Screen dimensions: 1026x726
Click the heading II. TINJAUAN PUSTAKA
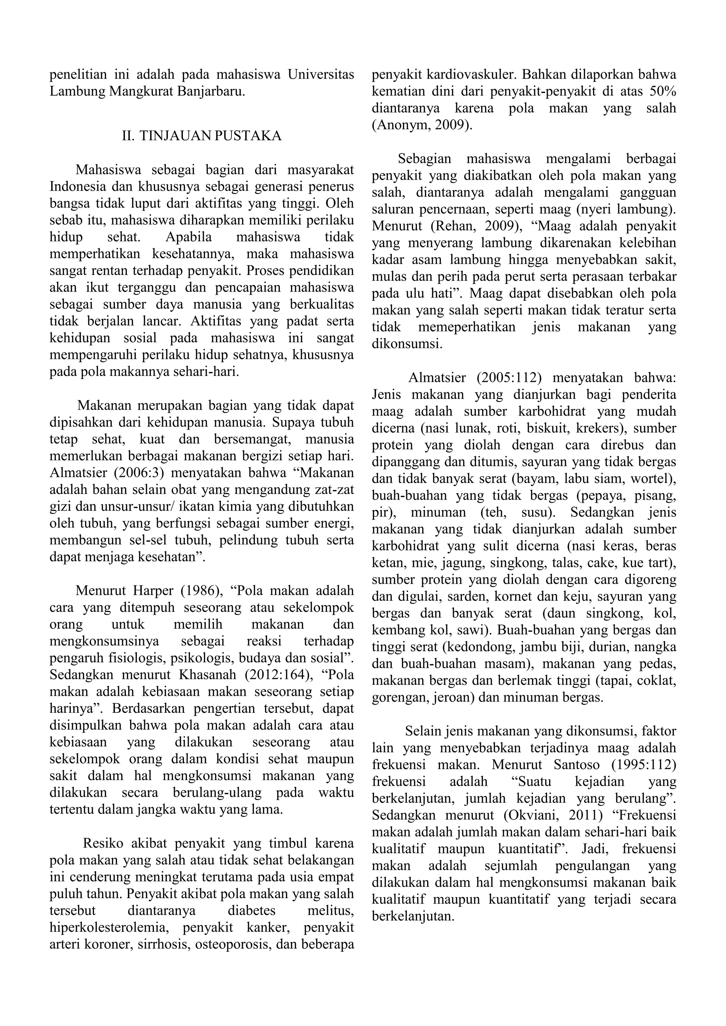coord(202,136)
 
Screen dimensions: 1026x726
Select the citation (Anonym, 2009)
coord(421,125)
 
